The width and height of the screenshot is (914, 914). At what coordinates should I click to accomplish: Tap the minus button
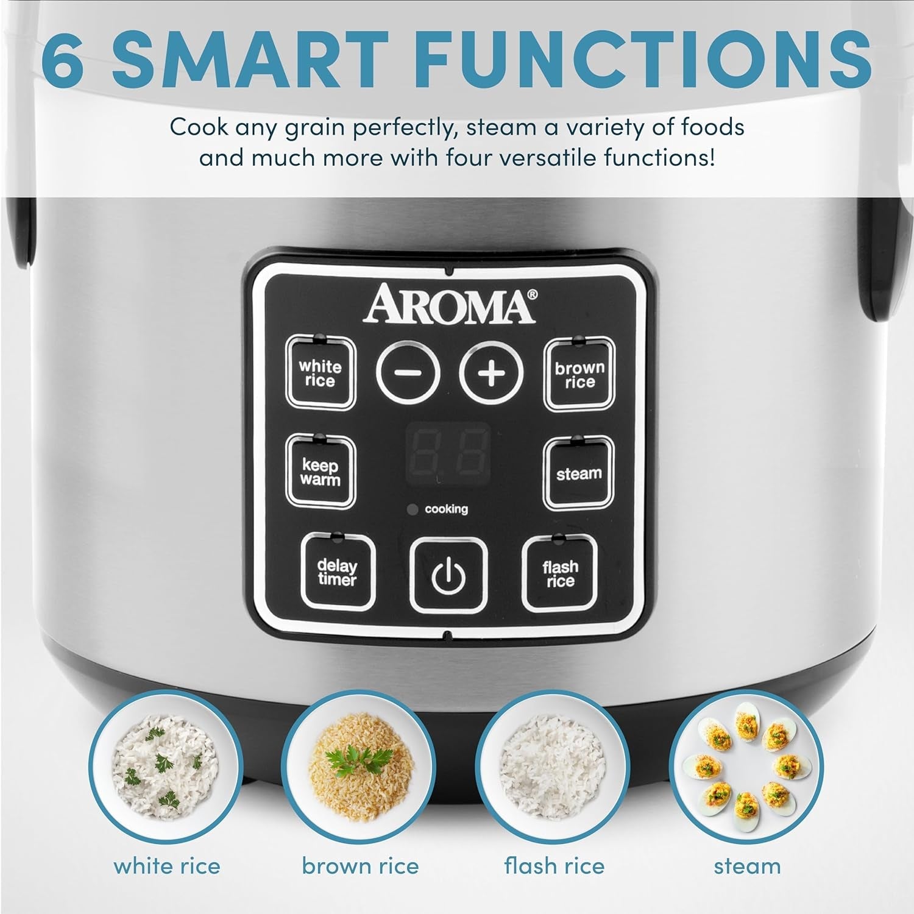coord(408,372)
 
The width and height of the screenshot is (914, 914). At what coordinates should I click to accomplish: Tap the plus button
coord(491,372)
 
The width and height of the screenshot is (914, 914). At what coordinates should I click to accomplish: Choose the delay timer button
coord(338,573)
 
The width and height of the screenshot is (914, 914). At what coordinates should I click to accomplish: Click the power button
coord(448,575)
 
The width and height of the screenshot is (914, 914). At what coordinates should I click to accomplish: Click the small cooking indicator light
coord(413,509)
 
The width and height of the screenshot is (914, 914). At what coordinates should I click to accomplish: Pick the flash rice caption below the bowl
coord(554,866)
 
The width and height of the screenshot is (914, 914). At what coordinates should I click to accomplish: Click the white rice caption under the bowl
coord(167,866)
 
